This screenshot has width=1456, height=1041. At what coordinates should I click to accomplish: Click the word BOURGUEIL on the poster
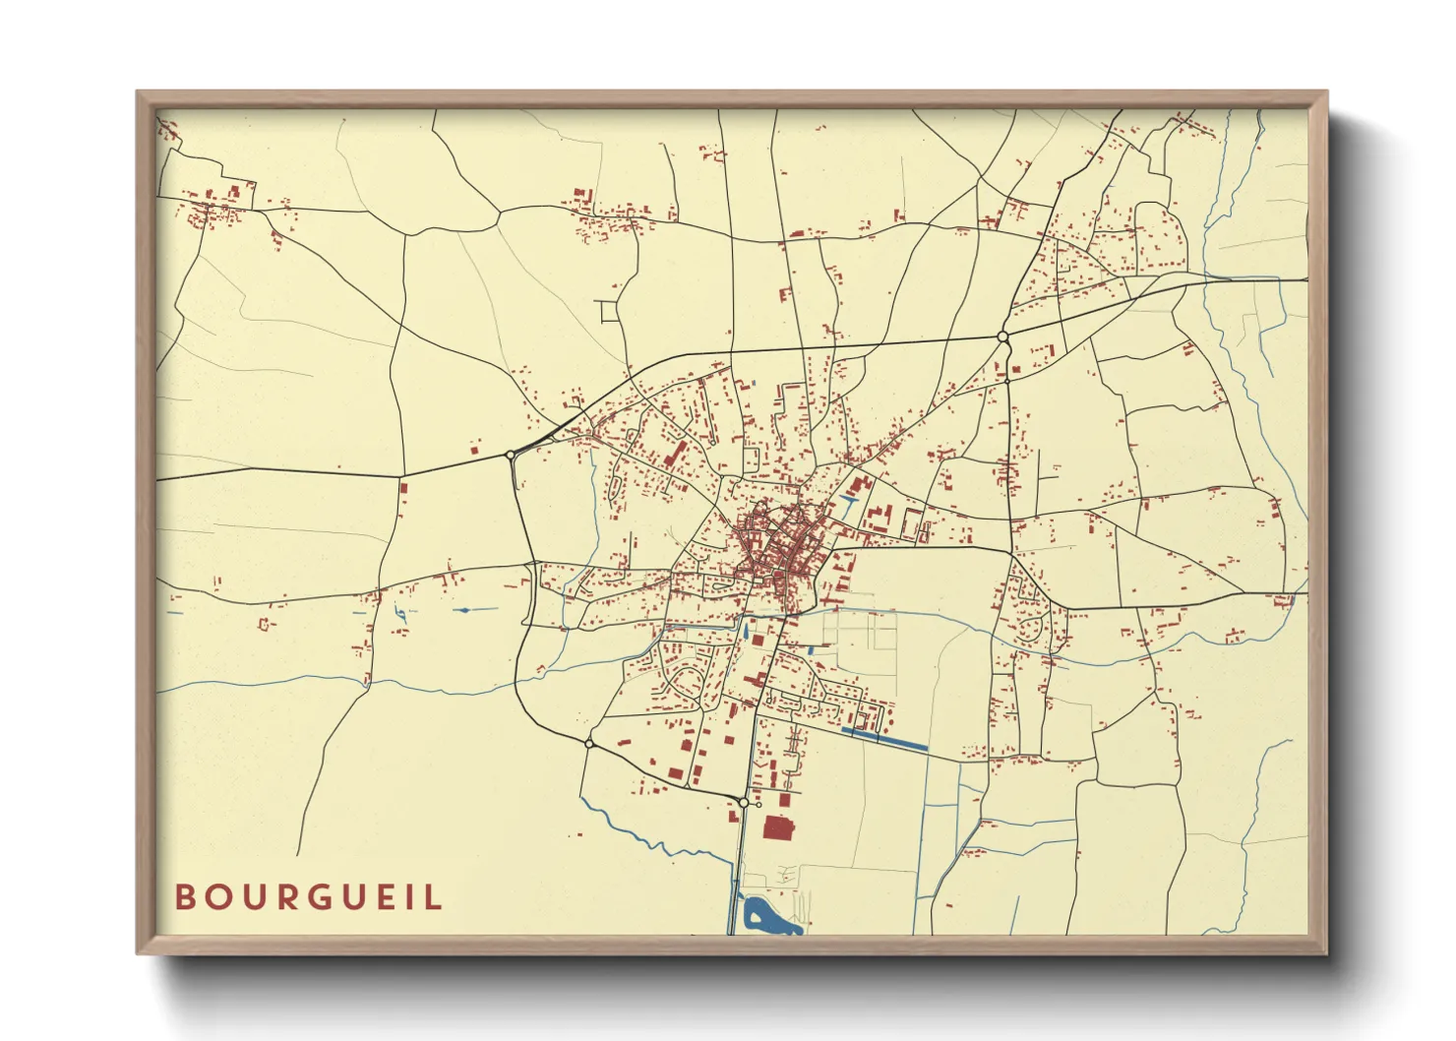tap(309, 897)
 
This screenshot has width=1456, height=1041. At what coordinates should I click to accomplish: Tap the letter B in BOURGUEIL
tap(183, 897)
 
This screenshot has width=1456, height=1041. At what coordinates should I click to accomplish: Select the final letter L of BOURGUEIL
tap(436, 897)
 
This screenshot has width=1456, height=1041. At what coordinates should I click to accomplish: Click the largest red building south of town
tap(778, 827)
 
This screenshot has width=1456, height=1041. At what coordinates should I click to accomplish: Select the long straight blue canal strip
tap(885, 737)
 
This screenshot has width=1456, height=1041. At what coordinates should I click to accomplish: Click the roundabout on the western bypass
tap(510, 455)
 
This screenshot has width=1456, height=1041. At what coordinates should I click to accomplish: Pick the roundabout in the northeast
tap(1002, 337)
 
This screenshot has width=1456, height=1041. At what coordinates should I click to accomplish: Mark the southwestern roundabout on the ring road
tap(588, 744)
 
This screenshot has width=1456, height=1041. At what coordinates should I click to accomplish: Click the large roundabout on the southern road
tap(744, 804)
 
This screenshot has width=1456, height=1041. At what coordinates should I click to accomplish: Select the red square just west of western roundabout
tap(473, 451)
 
